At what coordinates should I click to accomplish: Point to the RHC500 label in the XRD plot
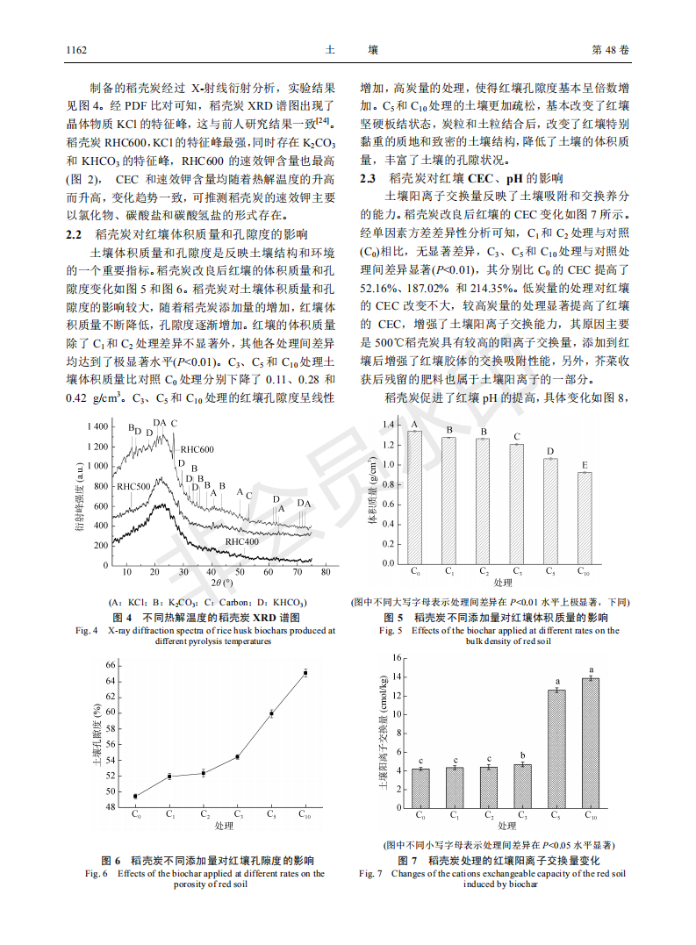133,485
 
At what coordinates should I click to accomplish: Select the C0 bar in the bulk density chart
414,498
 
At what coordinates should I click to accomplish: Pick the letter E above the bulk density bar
585,464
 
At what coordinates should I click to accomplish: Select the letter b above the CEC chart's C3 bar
523,755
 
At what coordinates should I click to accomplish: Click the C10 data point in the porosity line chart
305,673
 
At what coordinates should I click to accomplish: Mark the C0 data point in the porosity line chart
135,797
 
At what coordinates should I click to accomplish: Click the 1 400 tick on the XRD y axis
97,426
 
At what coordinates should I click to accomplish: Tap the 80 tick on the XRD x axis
325,572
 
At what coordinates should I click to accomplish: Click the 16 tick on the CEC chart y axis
396,658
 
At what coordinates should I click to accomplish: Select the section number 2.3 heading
369,178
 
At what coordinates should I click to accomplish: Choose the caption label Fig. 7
370,874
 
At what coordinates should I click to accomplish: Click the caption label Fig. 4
87,630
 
